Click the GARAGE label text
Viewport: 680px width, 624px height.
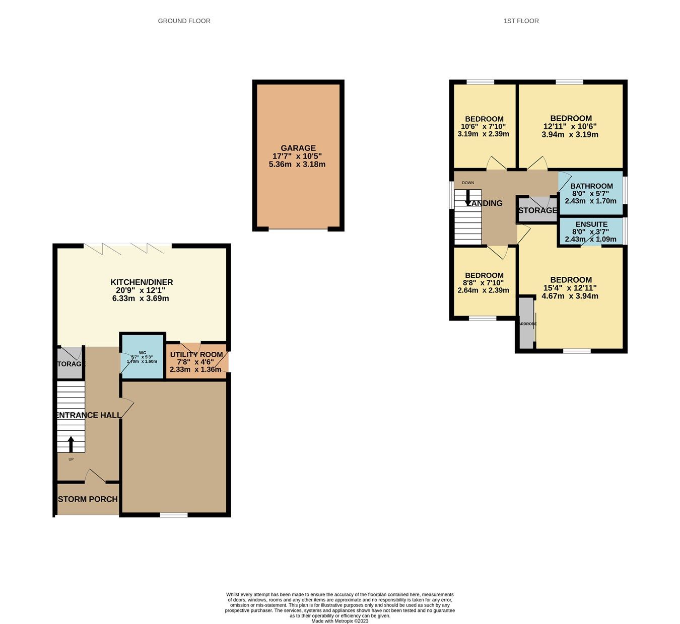[298, 148]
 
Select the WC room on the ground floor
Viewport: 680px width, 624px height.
[143, 356]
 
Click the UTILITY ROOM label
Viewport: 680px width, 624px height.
[196, 354]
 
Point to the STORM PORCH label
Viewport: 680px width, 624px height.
[88, 499]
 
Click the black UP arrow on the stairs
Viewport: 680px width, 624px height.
[71, 444]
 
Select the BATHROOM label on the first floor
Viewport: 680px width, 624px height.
[591, 186]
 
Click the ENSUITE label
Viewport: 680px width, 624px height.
[591, 224]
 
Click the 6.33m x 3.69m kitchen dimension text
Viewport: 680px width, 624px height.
[141, 298]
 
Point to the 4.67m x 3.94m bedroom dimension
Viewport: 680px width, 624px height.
[570, 296]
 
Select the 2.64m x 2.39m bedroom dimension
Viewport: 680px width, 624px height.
[483, 290]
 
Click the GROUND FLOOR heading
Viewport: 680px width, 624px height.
[184, 21]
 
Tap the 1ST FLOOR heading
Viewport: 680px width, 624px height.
[521, 21]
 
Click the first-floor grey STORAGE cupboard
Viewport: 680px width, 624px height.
[537, 210]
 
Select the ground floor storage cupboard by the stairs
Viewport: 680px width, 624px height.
[70, 363]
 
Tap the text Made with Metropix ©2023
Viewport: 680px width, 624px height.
[339, 621]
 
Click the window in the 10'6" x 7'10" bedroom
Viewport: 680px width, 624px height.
[480, 82]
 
